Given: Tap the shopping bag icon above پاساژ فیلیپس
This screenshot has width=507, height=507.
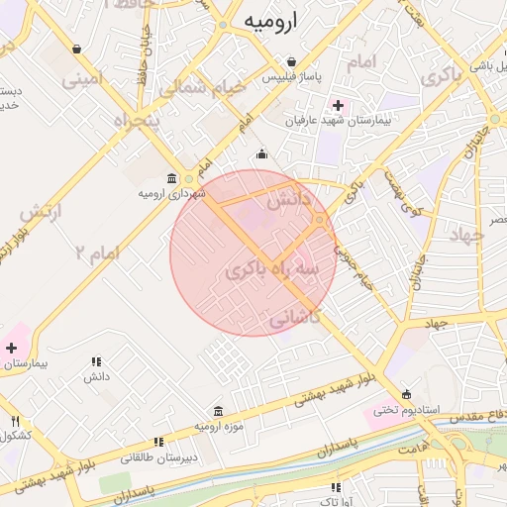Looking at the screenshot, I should click(x=290, y=61).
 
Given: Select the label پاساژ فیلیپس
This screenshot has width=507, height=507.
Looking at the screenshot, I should click(x=289, y=76).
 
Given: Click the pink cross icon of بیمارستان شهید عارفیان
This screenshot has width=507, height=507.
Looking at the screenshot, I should click(x=339, y=104).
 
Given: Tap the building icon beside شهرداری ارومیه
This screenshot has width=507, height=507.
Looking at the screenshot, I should click(x=172, y=179).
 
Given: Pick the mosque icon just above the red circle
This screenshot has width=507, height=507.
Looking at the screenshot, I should click(x=261, y=153).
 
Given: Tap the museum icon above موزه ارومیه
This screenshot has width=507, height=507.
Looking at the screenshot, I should click(x=218, y=411).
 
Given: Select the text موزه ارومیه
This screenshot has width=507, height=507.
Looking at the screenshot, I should click(x=217, y=426).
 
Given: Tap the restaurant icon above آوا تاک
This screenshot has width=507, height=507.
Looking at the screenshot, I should click(x=337, y=486).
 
